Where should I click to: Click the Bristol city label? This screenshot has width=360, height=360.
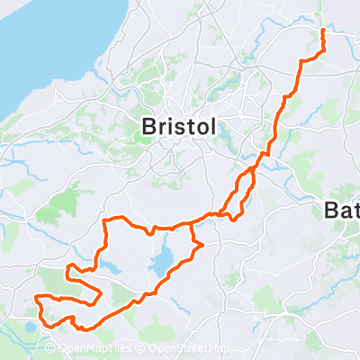178,128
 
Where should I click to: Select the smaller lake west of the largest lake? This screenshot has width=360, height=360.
111,268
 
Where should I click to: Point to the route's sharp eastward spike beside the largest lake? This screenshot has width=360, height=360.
204,244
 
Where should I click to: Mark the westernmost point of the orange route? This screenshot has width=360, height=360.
35,298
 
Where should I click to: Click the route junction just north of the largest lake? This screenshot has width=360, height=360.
191,222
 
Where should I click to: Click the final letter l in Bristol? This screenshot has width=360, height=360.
211,128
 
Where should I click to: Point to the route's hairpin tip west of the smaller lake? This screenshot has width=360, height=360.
67,268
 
